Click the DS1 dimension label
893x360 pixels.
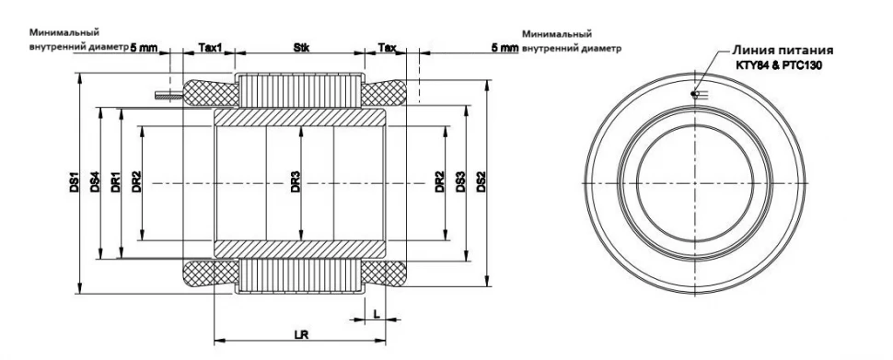pos(74,181)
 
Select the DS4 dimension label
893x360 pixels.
pos(95,181)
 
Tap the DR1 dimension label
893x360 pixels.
pos(116,181)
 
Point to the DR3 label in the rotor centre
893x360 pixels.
pos(295,181)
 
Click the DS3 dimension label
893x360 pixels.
pos(460,181)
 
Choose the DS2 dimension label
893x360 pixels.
pos(481,181)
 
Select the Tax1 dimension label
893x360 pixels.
pos(210,47)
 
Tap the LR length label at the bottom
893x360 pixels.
pos(301,335)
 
